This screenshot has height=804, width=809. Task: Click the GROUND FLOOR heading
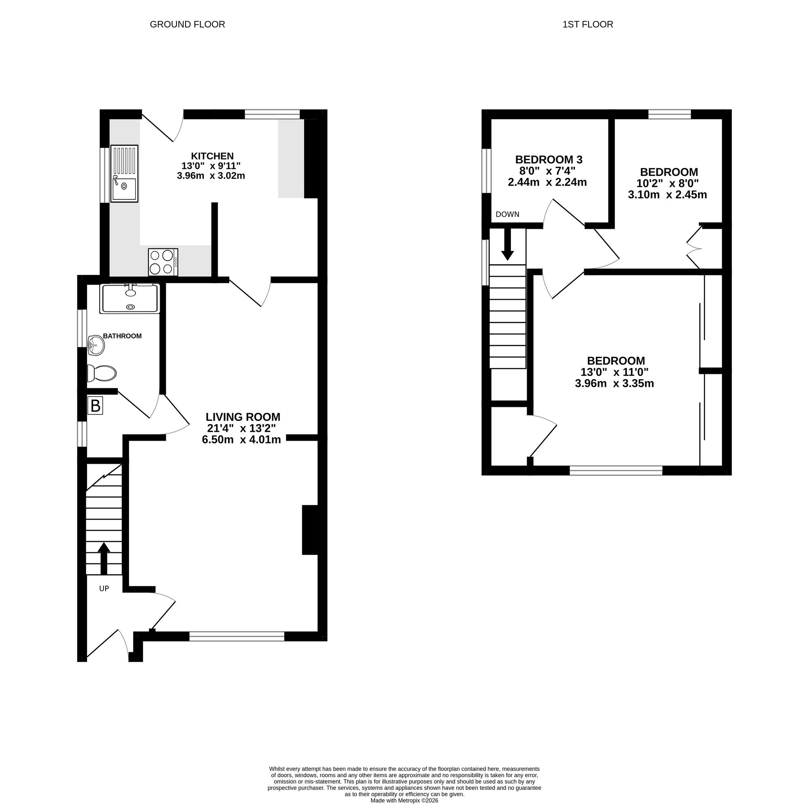click(187, 24)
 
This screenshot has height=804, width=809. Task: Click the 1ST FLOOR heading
click(587, 24)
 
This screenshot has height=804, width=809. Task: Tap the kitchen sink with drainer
click(124, 173)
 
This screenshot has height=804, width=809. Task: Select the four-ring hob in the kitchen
click(163, 262)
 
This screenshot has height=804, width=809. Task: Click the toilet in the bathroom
click(102, 373)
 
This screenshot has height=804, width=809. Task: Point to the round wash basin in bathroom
click(96, 345)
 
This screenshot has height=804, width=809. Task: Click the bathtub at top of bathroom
click(130, 298)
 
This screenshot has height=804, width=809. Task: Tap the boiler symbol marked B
click(95, 406)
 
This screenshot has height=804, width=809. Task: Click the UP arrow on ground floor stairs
click(104, 558)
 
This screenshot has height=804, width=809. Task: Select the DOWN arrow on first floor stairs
click(508, 244)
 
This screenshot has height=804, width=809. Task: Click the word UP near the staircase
click(104, 589)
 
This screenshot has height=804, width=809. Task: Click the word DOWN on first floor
click(507, 214)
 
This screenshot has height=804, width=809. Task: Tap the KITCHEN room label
click(212, 156)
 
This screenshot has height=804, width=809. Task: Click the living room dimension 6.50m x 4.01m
click(241, 439)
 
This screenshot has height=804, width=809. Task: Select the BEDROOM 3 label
click(549, 159)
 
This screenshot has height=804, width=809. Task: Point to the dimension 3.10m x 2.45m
click(667, 194)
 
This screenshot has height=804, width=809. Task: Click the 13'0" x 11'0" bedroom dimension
click(614, 372)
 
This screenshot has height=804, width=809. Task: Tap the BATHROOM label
click(122, 336)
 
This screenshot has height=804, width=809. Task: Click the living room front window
click(237, 636)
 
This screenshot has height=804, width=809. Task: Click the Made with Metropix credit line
click(404, 800)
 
